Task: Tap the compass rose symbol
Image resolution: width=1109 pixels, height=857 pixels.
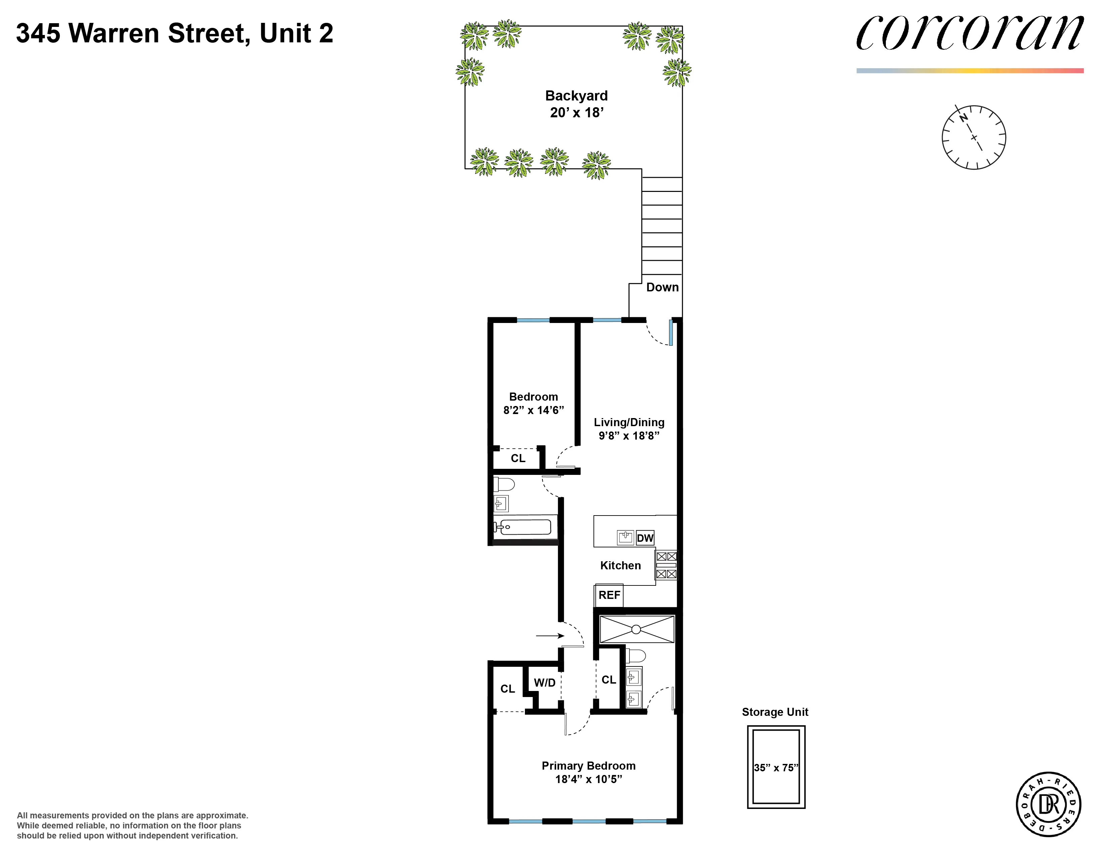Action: click(974, 137)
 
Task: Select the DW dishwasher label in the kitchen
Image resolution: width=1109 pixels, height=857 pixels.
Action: click(645, 538)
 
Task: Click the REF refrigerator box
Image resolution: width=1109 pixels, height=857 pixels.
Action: click(609, 595)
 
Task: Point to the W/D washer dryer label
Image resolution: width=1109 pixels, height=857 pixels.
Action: click(544, 683)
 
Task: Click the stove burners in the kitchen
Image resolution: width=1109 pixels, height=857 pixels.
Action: click(666, 565)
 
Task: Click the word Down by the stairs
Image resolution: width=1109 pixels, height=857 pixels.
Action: click(662, 287)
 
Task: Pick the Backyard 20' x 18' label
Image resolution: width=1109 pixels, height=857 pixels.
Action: click(576, 104)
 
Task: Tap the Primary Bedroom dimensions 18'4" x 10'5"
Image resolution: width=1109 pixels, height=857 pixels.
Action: click(588, 779)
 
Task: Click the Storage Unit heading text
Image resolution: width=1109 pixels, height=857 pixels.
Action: click(775, 712)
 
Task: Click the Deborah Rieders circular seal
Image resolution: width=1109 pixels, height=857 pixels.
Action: click(1048, 805)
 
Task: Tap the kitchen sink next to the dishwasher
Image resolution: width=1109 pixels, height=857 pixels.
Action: click(625, 537)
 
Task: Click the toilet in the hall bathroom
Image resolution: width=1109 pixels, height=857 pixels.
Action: click(505, 484)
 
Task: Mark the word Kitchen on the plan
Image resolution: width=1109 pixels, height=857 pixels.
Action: click(620, 566)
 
